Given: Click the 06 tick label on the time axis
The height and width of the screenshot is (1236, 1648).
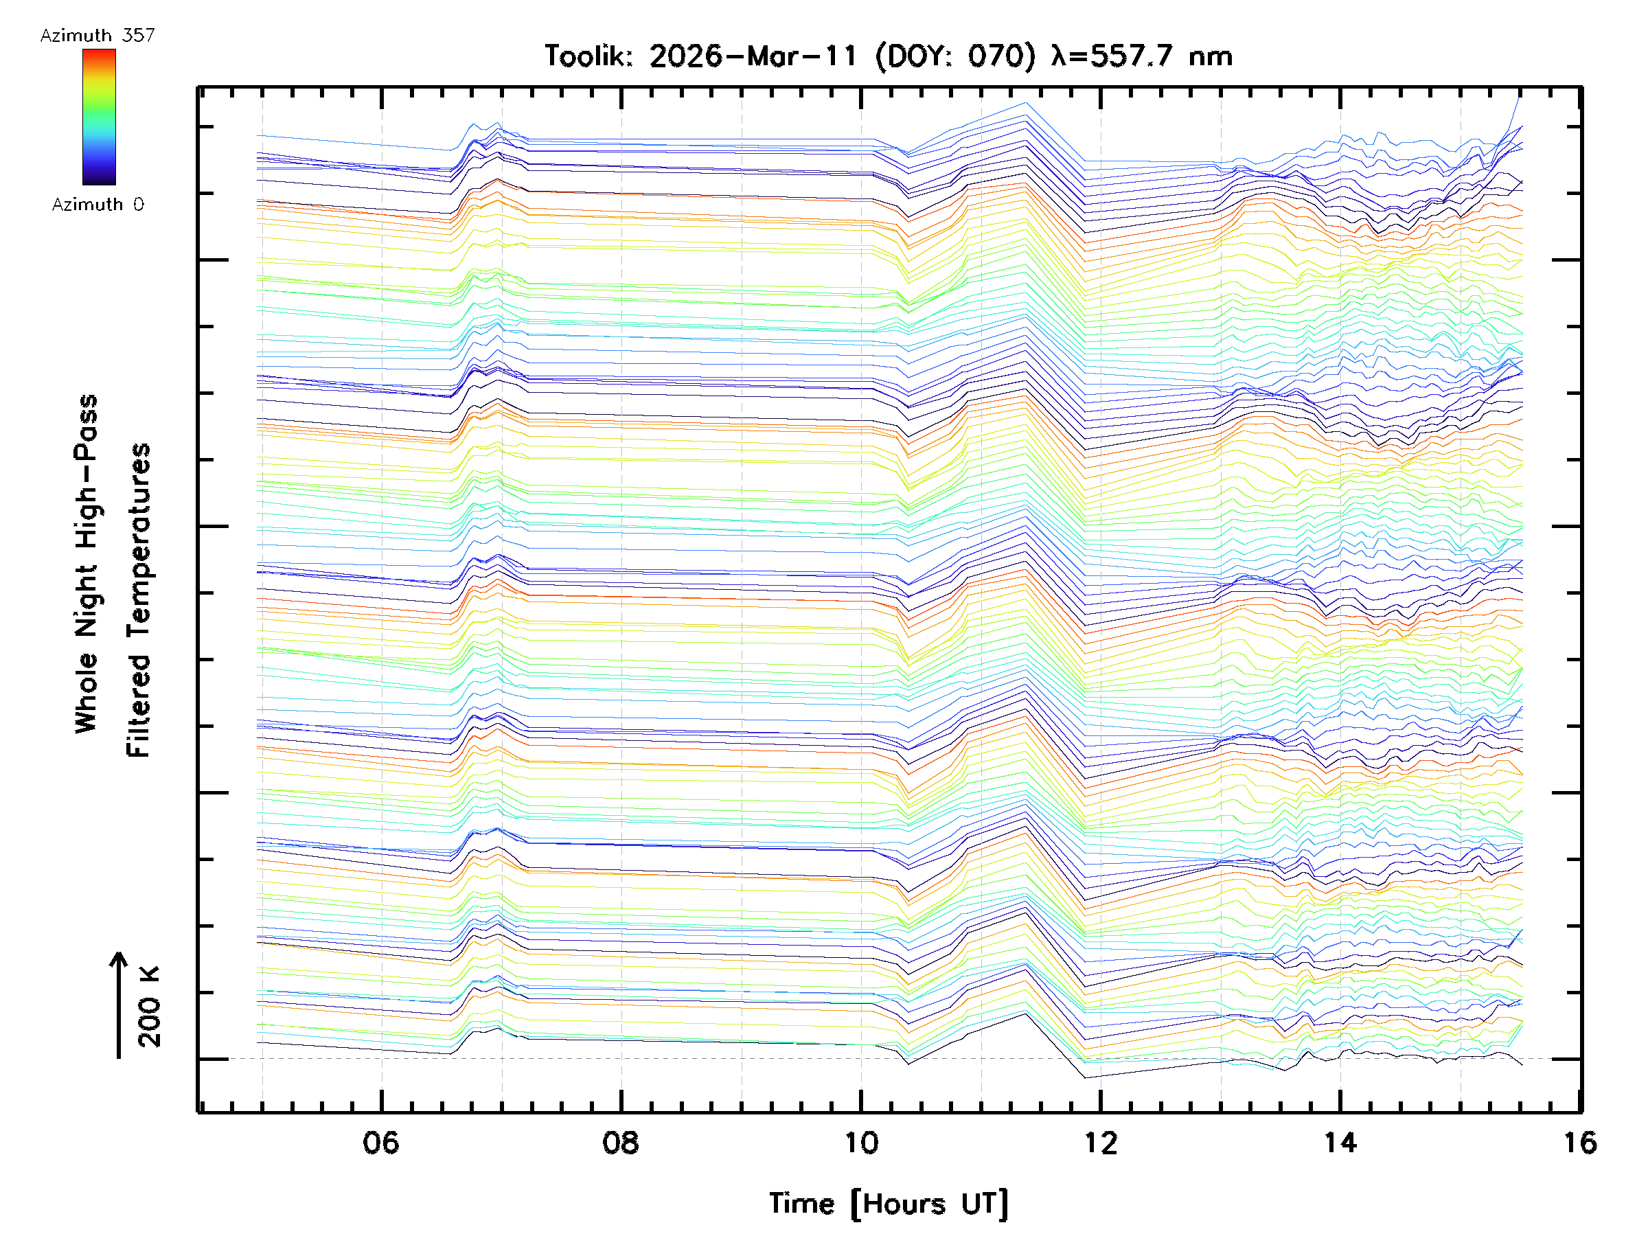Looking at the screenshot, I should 380,1143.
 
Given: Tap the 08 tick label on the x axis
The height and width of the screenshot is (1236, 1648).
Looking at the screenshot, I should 621,1143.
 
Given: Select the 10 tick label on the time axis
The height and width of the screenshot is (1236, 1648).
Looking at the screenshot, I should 860,1143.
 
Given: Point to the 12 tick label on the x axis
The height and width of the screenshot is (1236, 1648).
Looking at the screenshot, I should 1101,1143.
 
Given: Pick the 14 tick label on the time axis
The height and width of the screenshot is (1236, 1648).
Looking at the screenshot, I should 1340,1143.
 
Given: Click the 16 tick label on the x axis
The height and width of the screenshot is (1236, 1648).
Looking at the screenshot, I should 1579,1143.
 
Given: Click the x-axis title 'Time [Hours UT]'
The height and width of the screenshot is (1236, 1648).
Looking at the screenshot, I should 888,1204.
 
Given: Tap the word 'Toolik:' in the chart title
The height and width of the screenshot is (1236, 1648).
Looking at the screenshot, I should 588,56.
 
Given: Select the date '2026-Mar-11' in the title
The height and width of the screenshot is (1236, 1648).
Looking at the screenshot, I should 753,56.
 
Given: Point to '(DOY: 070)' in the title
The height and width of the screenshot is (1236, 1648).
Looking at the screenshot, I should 955,56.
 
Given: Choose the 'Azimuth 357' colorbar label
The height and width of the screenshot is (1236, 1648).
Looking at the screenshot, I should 98,35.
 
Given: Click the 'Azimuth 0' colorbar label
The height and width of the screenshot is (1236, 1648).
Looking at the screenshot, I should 98,204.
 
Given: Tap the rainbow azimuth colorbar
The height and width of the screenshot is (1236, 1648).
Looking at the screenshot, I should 99,117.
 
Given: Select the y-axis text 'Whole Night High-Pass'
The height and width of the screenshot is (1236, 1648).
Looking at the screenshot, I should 87,564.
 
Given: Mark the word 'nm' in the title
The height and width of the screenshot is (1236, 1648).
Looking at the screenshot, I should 1211,56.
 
